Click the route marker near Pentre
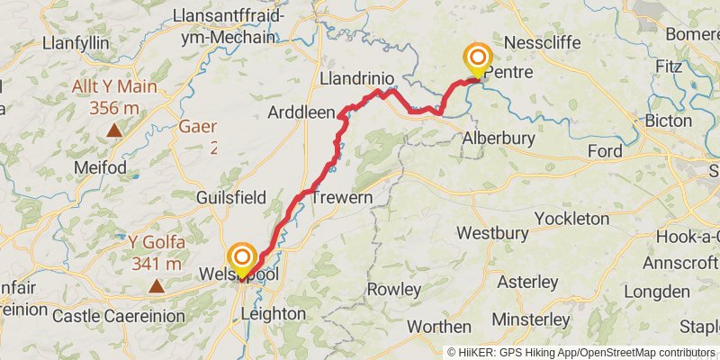click(477, 60)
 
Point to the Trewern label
click(342, 197)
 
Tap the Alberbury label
click(498, 139)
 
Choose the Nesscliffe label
click(550, 42)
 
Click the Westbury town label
click(490, 232)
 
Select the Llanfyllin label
click(76, 42)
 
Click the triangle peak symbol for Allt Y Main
click(114, 130)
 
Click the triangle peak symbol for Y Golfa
click(157, 286)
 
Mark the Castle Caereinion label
click(119, 316)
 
